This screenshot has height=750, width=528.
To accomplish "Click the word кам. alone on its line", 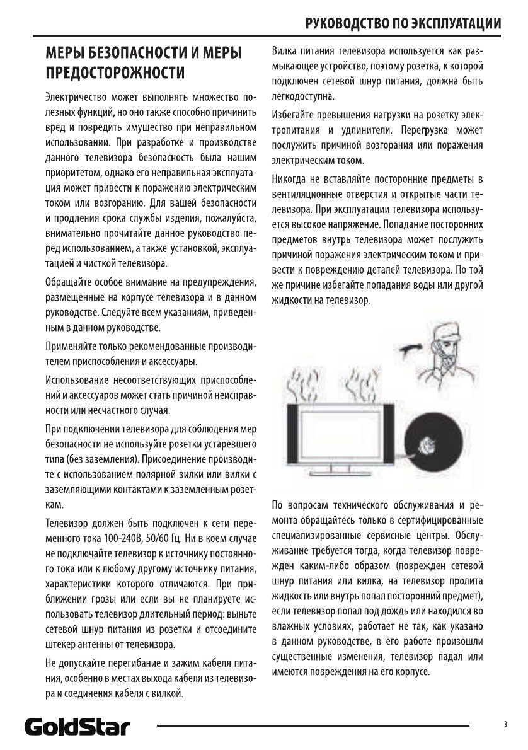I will click(x=54, y=505).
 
